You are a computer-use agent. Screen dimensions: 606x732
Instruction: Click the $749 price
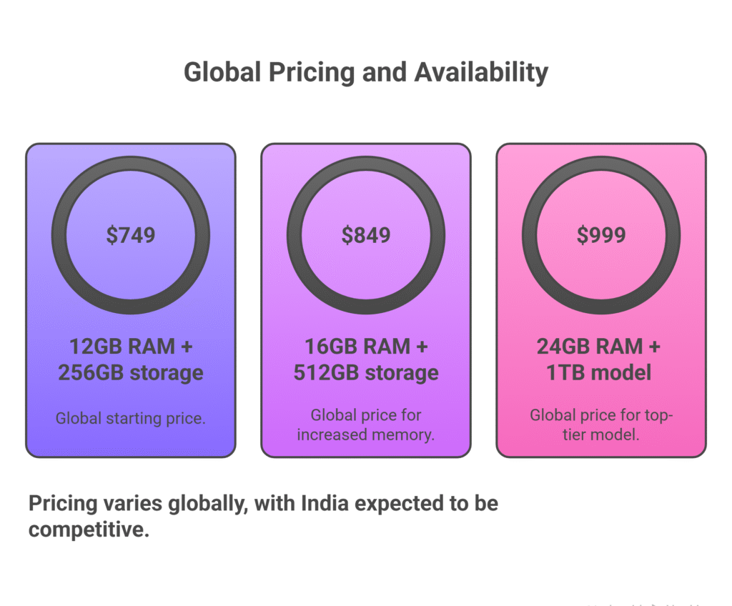(x=130, y=235)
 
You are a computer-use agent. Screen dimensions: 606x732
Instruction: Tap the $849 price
(x=366, y=235)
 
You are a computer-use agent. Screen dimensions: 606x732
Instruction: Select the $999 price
(x=601, y=235)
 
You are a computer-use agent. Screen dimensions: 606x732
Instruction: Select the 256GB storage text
(x=131, y=372)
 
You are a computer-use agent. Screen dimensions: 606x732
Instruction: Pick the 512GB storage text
(x=366, y=372)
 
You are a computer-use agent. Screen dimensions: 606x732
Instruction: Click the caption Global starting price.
(x=131, y=419)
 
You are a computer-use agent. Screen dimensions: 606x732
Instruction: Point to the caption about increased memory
(x=366, y=424)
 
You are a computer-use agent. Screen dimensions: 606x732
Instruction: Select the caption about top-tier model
(x=601, y=424)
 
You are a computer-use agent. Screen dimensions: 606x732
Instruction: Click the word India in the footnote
(x=325, y=503)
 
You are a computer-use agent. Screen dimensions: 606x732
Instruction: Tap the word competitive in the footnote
(x=89, y=530)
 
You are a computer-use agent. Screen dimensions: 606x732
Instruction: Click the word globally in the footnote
(x=207, y=503)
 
